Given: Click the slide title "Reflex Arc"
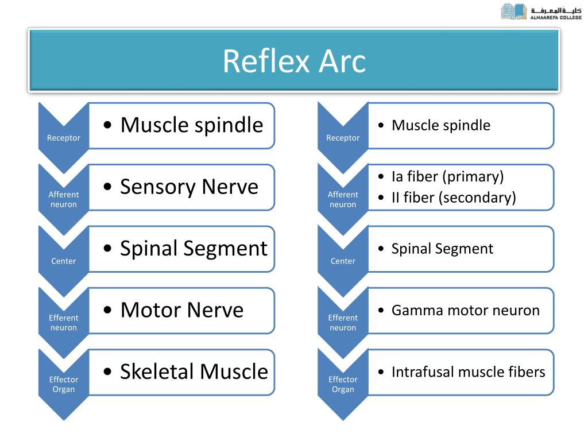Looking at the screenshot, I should (x=294, y=61).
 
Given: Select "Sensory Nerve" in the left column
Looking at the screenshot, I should (x=189, y=187).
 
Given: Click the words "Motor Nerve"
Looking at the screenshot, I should (x=181, y=310).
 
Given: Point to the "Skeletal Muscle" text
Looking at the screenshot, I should (x=194, y=372).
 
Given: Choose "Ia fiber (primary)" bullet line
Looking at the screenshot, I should (x=447, y=176).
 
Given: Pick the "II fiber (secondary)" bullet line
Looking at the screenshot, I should (x=454, y=198).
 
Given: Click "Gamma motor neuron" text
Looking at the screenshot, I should (x=465, y=311).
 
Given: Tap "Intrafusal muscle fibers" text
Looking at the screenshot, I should (x=468, y=372).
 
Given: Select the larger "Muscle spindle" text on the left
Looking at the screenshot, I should (x=191, y=125).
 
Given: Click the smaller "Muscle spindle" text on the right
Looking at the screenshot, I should (x=440, y=125).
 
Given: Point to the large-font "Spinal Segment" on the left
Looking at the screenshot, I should (x=194, y=248).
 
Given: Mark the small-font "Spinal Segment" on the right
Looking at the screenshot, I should (x=442, y=249).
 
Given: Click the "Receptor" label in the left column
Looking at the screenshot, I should (x=64, y=138).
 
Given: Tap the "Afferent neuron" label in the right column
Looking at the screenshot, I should (x=343, y=199).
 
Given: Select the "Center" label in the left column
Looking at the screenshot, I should (x=64, y=261).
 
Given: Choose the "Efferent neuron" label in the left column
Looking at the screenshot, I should (x=64, y=323).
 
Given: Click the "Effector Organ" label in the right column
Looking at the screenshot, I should (x=343, y=384).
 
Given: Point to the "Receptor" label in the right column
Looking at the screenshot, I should (x=343, y=138).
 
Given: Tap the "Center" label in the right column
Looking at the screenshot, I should (x=343, y=261).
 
